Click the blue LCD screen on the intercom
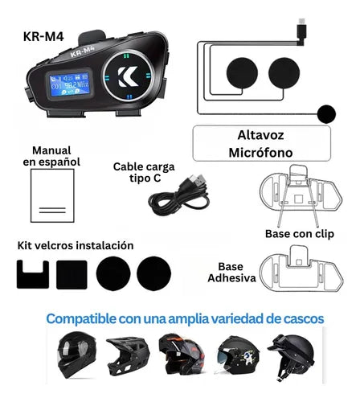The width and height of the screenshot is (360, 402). tap(69, 84)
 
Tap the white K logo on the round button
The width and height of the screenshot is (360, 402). tap(128, 76)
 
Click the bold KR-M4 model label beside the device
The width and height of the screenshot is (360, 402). tap(43, 37)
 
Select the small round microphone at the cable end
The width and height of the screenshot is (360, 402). tap(326, 114)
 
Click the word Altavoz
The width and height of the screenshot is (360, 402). tap(260, 135)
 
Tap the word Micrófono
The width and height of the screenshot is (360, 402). tap(260, 153)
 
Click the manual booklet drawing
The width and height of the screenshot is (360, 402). tap(52, 195)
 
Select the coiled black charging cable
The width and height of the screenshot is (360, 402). tap(179, 195)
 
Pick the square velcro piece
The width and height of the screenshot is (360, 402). tap(72, 275)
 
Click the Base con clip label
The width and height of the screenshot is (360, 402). tap(300, 234)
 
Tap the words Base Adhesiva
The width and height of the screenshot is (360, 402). tap(231, 273)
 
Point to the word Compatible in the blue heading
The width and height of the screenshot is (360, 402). tap(81, 319)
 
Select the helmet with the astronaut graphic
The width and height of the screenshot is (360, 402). tap(238, 355)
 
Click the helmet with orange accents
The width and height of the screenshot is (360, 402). tap(182, 355)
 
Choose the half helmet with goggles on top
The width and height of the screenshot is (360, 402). tap(292, 356)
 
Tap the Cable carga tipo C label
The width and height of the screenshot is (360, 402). tap(144, 172)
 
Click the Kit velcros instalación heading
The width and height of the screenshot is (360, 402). tap(76, 245)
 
